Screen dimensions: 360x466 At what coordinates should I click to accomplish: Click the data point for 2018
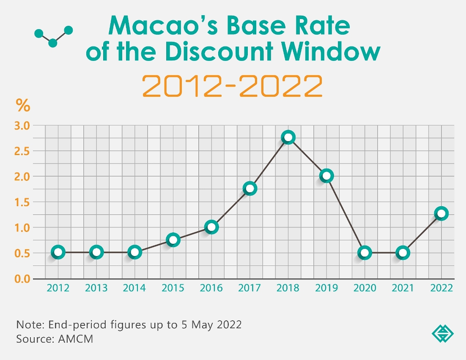288,137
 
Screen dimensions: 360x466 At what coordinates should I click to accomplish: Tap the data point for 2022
441,213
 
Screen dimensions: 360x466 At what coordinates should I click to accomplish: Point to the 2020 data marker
365,253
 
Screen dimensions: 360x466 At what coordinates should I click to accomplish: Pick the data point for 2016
211,227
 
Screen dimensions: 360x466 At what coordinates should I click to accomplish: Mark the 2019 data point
326,176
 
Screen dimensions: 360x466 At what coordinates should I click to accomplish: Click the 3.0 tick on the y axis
23,125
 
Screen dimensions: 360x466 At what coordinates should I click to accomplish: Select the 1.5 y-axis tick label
23,202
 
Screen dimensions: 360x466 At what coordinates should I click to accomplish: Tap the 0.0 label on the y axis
23,279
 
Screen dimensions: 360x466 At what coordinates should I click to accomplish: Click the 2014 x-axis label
134,288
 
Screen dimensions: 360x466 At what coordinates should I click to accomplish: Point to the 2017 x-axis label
249,288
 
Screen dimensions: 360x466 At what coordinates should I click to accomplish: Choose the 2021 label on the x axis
403,288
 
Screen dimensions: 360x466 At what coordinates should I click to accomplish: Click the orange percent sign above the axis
23,106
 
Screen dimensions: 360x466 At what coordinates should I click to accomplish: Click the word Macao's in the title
163,26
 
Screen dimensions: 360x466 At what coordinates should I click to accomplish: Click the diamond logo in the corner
442,334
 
